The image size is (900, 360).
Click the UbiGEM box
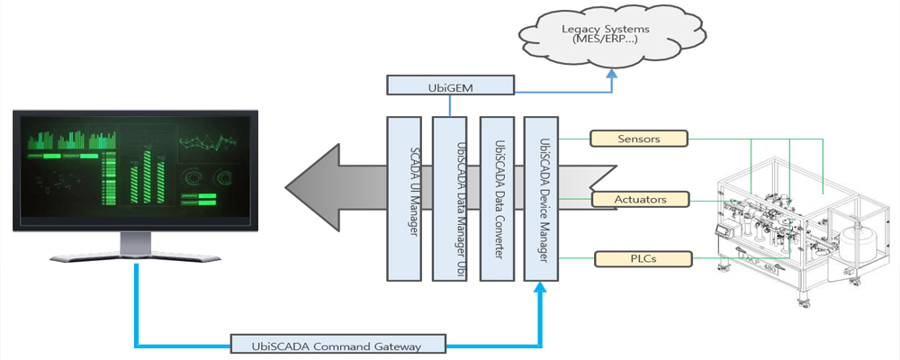(x=450, y=85)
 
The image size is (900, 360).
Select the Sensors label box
(x=639, y=139)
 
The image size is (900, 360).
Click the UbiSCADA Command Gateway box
(x=337, y=344)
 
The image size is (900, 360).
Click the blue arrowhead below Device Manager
(x=542, y=288)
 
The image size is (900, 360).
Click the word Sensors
(x=639, y=139)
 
